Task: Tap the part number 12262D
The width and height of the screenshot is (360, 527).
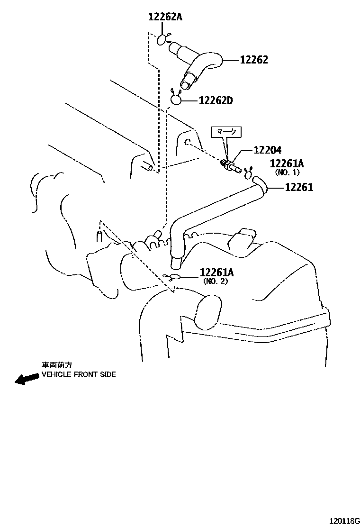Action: (x=216, y=100)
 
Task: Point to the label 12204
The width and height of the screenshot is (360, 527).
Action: (x=268, y=150)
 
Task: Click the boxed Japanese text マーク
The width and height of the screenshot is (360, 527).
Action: (x=229, y=132)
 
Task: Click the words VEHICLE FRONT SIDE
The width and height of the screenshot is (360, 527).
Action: (x=79, y=374)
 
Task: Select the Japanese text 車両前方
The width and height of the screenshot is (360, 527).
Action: (x=57, y=365)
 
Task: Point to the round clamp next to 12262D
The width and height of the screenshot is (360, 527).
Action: (x=176, y=99)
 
